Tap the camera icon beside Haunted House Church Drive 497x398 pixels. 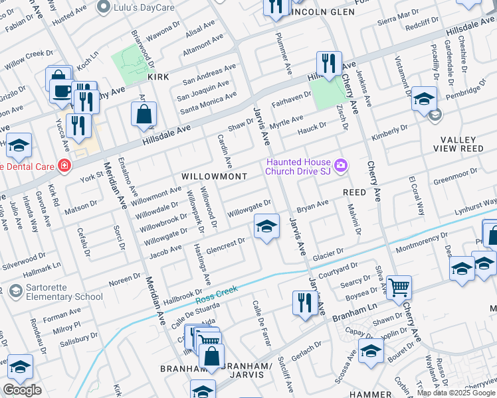341,165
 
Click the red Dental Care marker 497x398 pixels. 64,165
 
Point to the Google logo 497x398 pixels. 22,390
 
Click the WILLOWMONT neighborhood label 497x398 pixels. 214,176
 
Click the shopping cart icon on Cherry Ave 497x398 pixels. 399,287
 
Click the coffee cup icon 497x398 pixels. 62,90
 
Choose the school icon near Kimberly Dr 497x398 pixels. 423,99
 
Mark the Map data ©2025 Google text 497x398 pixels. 456,393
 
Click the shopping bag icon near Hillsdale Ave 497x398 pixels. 144,115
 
